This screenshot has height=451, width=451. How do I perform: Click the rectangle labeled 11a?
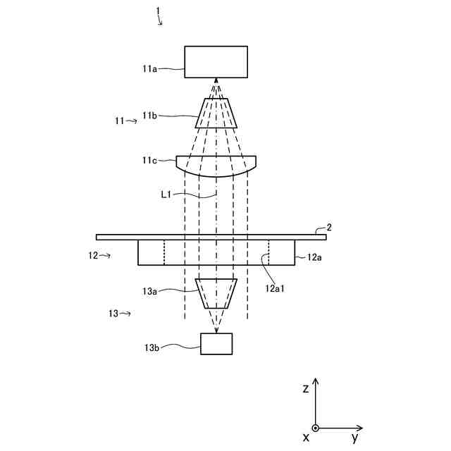tap(216, 61)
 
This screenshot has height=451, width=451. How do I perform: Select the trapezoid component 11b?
tap(216, 113)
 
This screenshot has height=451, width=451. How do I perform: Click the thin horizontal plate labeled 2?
tap(211, 237)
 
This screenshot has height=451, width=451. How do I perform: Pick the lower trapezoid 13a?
tap(216, 293)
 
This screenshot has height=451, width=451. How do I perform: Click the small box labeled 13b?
tap(216, 344)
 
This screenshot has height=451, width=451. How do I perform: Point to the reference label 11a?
tap(149, 68)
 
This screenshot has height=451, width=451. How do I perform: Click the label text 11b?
tap(149, 116)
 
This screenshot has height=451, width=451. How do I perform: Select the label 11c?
tap(149, 161)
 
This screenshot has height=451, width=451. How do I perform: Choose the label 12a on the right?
tap(315, 258)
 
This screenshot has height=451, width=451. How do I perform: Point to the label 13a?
tap(149, 290)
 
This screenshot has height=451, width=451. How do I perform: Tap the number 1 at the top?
tap(159, 11)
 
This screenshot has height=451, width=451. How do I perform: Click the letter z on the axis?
tap(305, 388)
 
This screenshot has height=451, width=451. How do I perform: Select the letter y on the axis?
tap(355, 438)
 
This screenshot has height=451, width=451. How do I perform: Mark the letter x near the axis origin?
tap(306, 438)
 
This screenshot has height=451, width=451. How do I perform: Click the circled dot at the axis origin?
tap(316, 428)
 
